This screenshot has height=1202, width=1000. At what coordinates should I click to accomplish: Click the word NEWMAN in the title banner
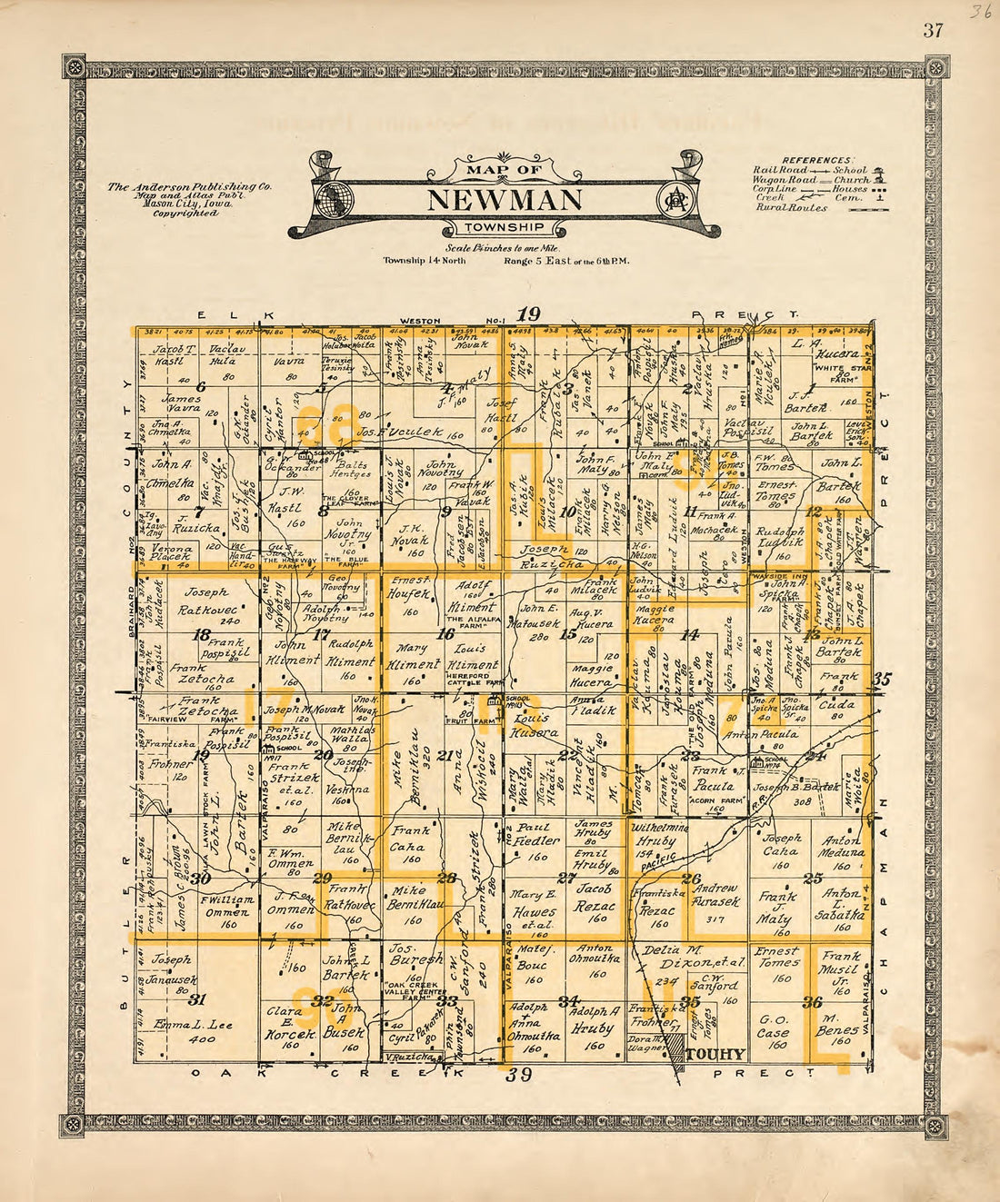tap(503, 197)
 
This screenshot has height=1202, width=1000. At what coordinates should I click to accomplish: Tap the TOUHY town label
tap(715, 1055)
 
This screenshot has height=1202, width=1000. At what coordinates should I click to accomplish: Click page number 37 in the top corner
tap(932, 30)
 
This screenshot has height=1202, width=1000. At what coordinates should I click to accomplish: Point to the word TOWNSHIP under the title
tap(503, 227)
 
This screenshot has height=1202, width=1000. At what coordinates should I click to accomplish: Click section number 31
tap(195, 999)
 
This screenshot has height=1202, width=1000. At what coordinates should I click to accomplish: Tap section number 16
tap(445, 634)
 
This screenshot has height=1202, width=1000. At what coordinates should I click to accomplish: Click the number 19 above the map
tap(528, 314)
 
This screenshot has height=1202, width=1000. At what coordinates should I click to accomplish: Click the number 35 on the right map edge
tap(881, 678)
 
